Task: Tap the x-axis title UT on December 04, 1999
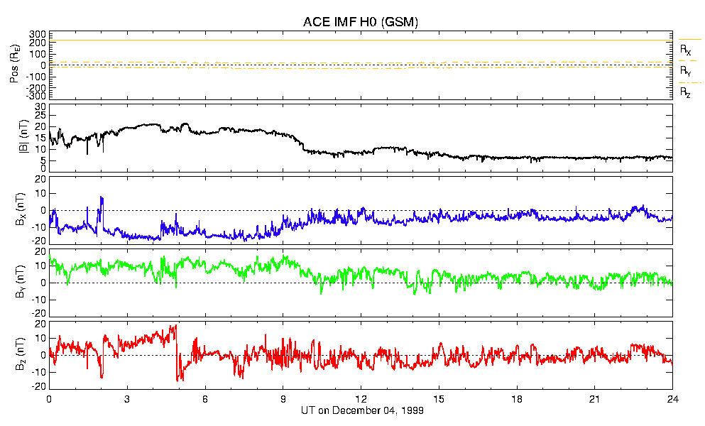click(361, 411)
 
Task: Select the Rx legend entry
click(686, 50)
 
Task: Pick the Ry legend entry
click(686, 71)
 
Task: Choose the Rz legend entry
click(686, 92)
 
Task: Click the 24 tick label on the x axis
click(672, 398)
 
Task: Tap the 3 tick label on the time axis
click(127, 398)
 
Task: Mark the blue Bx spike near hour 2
click(102, 198)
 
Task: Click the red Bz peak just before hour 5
click(175, 326)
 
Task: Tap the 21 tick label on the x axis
click(595, 398)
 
